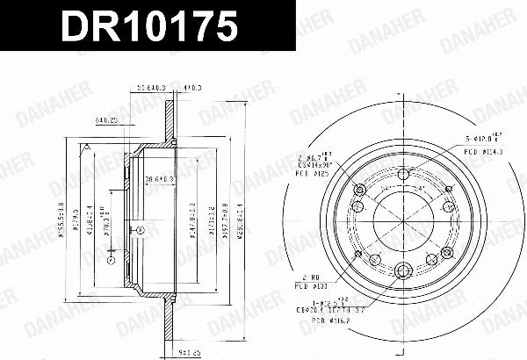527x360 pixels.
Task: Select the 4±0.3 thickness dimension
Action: [192, 87]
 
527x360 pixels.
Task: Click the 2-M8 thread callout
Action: [309, 276]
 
